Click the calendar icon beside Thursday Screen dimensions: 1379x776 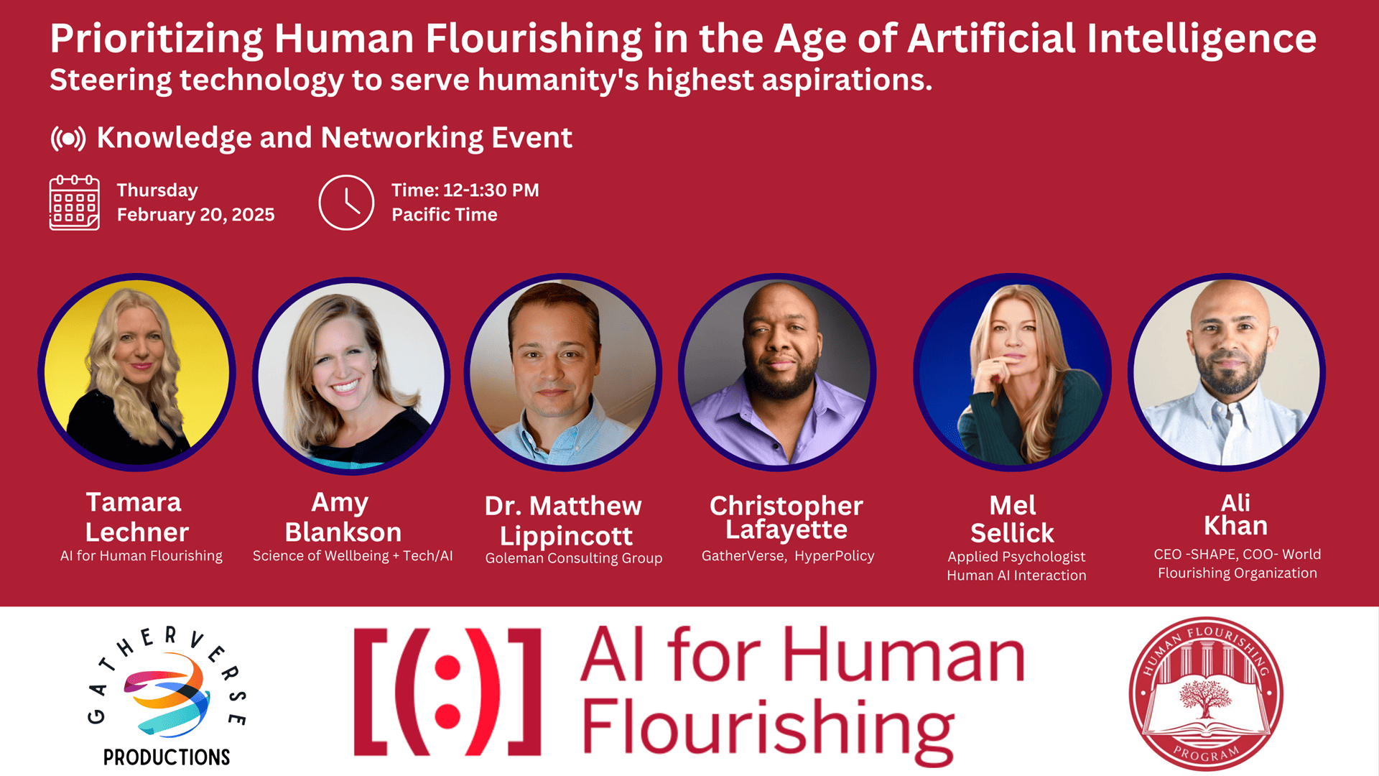[74, 203]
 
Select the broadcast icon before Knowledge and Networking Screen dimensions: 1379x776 [68, 138]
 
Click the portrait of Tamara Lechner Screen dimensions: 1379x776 [137, 372]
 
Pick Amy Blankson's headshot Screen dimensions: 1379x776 [351, 375]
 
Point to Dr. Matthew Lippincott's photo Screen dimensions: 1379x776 [563, 372]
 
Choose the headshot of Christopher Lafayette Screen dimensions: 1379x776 [777, 372]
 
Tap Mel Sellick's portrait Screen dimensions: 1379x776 [1013, 372]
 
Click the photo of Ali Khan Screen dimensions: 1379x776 [1227, 372]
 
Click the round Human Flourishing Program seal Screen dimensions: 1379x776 [1206, 694]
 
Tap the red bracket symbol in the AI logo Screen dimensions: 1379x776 [447, 692]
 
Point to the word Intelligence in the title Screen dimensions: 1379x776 [1202, 40]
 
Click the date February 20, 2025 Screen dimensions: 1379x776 [195, 215]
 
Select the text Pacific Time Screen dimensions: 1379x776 [445, 215]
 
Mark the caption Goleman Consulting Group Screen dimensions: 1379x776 [574, 558]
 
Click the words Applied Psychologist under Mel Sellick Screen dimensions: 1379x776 [1016, 557]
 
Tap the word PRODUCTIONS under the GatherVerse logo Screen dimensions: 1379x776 [167, 757]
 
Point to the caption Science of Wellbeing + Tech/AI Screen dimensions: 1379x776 [353, 556]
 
